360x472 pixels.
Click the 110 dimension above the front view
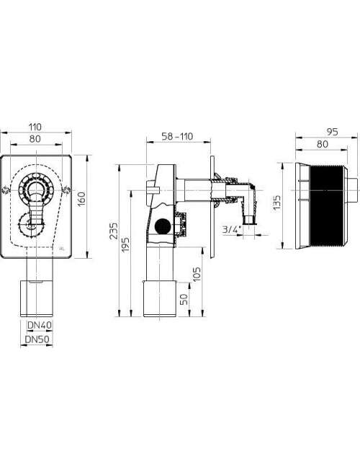click(x=35, y=127)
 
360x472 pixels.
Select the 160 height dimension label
click(x=81, y=197)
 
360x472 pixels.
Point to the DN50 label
click(x=37, y=339)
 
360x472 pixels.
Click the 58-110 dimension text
click(x=177, y=136)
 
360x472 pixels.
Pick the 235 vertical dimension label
click(x=114, y=231)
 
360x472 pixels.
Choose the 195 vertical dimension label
click(x=126, y=246)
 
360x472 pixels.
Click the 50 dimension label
click(x=184, y=298)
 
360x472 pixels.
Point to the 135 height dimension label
click(x=277, y=203)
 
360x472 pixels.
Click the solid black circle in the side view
click(x=163, y=226)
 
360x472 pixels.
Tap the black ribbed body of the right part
click(x=326, y=205)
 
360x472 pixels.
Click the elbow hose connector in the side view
click(x=248, y=203)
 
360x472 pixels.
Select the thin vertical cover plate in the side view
click(x=212, y=207)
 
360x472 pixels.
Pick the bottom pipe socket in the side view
click(x=160, y=298)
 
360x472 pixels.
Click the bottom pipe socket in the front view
click(x=37, y=298)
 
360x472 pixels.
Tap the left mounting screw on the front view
click(x=5, y=190)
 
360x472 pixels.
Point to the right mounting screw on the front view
click(x=67, y=190)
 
